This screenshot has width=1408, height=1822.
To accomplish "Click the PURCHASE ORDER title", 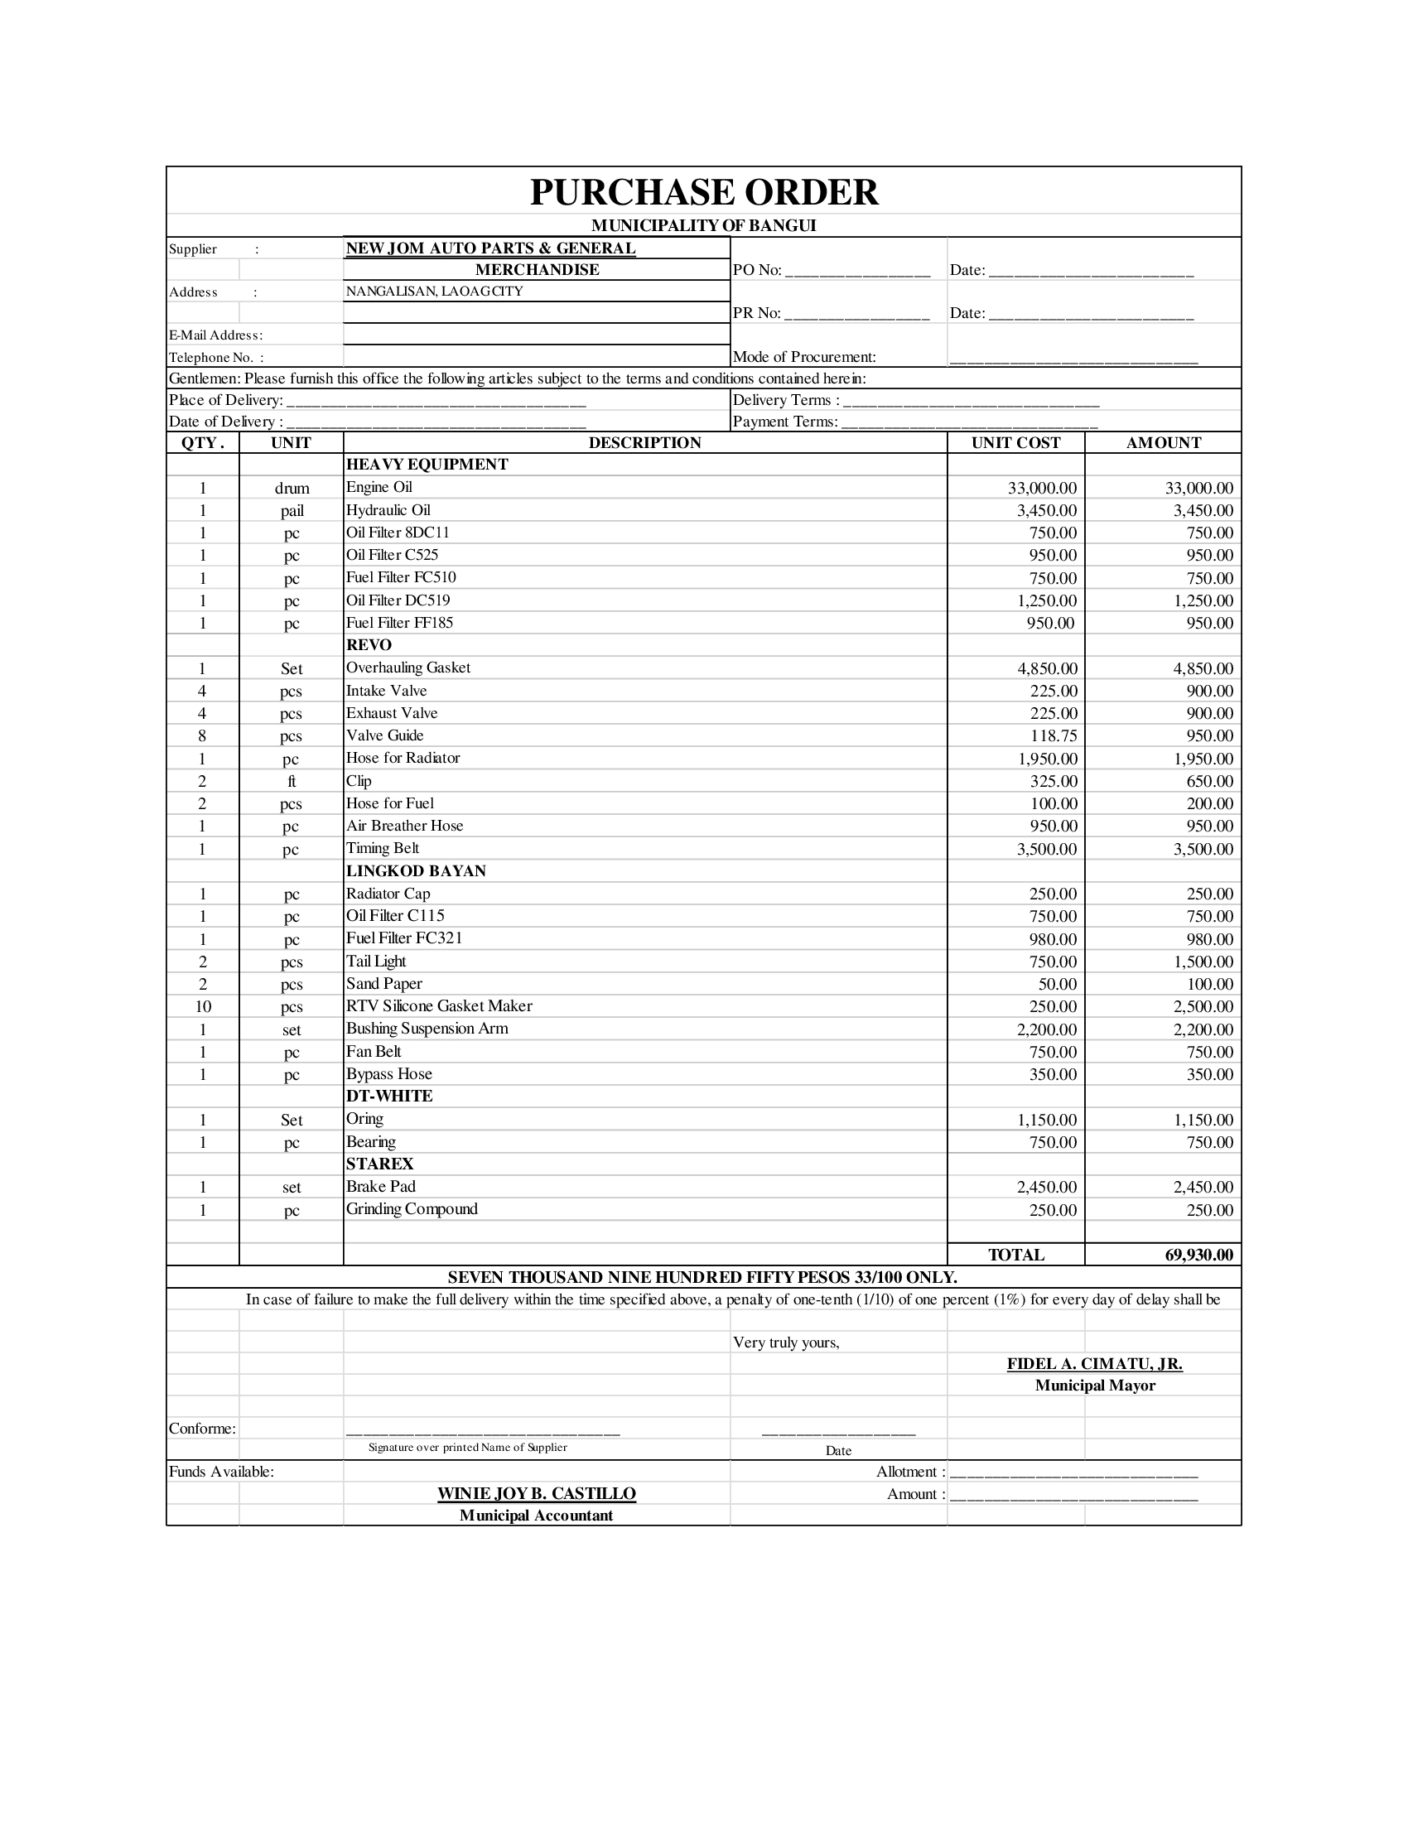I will pyautogui.click(x=703, y=193).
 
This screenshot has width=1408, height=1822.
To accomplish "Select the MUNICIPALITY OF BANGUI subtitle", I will pyautogui.click(x=703, y=225).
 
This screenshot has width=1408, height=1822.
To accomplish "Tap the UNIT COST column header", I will pyautogui.click(x=1015, y=443).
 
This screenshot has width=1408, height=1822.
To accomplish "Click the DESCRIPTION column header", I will pyautogui.click(x=644, y=443).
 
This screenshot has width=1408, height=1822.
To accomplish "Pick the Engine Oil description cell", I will pyautogui.click(x=379, y=487).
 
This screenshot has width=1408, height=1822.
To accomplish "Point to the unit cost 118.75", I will pyautogui.click(x=1054, y=735).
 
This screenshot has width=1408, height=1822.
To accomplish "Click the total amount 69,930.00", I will pyautogui.click(x=1198, y=1255).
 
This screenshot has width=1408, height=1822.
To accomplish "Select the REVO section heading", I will pyautogui.click(x=369, y=645).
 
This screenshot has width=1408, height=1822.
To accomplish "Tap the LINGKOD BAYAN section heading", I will pyautogui.click(x=416, y=871).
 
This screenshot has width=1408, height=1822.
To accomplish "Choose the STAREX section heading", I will pyautogui.click(x=379, y=1164).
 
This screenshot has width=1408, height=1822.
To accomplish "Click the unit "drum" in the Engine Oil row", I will pyautogui.click(x=292, y=488).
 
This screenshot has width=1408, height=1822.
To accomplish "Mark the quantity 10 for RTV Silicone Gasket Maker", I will pyautogui.click(x=203, y=1007).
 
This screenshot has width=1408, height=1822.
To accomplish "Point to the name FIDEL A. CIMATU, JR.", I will pyautogui.click(x=1094, y=1364).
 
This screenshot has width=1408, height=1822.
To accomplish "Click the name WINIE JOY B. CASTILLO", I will pyautogui.click(x=537, y=1494).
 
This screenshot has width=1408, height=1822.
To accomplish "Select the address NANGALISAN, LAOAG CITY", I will pyautogui.click(x=435, y=292).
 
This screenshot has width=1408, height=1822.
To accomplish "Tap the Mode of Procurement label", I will pyautogui.click(x=804, y=357).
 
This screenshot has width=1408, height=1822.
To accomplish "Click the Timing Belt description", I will pyautogui.click(x=382, y=848).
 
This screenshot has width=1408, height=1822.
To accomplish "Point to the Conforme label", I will pyautogui.click(x=202, y=1429).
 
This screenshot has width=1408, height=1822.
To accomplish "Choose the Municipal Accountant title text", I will pyautogui.click(x=537, y=1516).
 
